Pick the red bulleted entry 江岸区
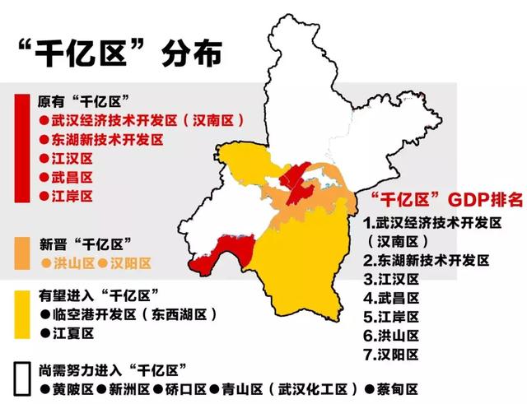66,196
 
